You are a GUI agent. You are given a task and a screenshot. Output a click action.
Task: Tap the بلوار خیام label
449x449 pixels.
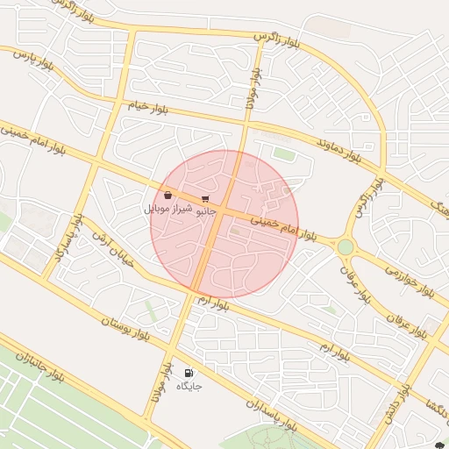147,107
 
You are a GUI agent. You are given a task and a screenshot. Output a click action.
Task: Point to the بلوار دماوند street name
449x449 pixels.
339,148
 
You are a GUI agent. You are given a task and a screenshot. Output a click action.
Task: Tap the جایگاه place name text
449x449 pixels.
189,386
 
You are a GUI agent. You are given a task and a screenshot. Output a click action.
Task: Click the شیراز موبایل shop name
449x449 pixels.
166,210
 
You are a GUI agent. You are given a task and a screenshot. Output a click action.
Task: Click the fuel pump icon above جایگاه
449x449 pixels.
189,373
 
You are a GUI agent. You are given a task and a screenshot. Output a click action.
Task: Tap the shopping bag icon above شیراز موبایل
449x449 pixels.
167,196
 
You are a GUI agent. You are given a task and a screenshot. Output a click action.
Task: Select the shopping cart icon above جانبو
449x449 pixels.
205,199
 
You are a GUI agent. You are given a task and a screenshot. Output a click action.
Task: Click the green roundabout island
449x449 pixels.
346,247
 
